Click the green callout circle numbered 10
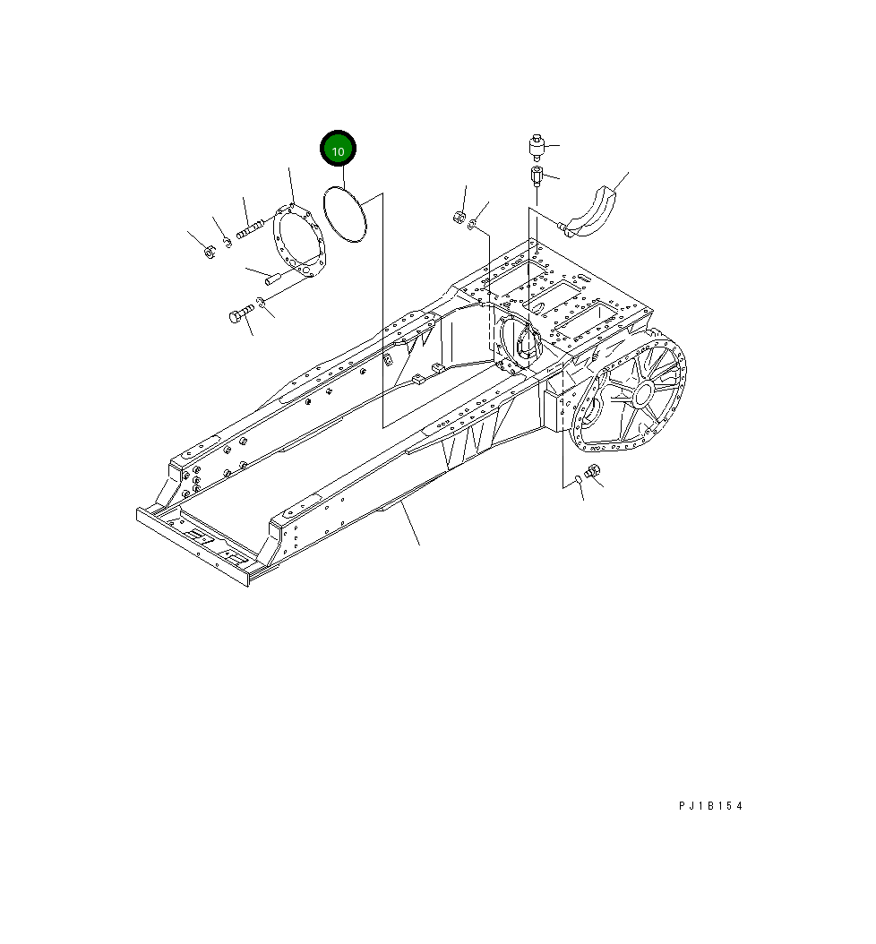tap(339, 151)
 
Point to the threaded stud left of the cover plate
tap(252, 229)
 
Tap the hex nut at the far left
tap(208, 252)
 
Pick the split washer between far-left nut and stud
tap(228, 239)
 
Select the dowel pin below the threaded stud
tap(275, 279)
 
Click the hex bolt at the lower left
tap(239, 314)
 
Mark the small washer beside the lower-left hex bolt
tap(261, 302)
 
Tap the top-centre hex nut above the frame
tap(458, 217)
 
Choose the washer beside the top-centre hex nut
tap(473, 223)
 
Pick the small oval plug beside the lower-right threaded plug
tap(579, 480)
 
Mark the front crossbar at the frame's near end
tap(193, 544)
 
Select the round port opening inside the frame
tap(522, 342)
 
